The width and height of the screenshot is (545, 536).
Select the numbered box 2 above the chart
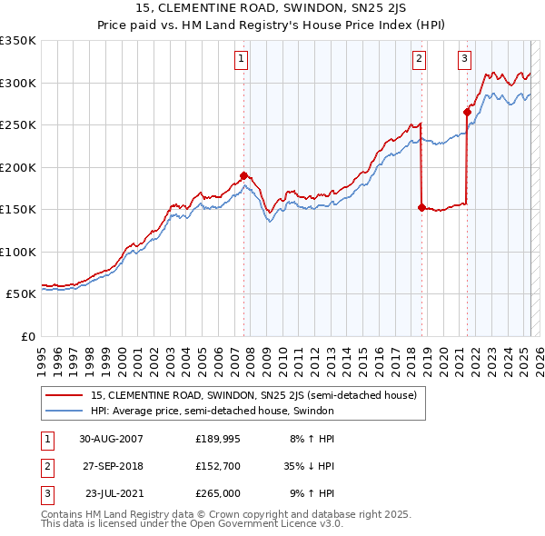coord(420,60)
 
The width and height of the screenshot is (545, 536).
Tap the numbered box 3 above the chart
coord(464,60)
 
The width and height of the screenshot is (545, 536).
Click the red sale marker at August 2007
coord(243,175)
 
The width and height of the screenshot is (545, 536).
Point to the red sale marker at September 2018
coord(421,207)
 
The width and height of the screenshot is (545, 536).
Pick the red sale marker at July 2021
coord(467,113)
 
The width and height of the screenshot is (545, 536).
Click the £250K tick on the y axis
coord(18,125)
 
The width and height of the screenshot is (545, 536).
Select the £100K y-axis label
coord(18,252)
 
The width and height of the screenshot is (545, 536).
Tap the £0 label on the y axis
coord(26,336)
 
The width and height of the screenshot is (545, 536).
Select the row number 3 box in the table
coord(45,495)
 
